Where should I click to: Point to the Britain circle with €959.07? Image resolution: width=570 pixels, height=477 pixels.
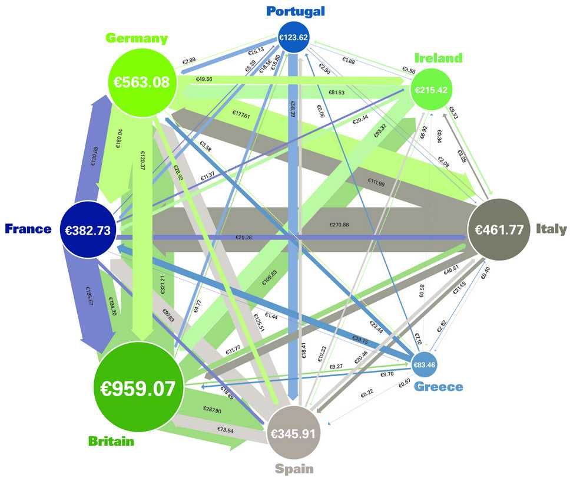[x=140, y=389]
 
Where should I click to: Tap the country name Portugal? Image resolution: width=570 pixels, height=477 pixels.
[x=295, y=11]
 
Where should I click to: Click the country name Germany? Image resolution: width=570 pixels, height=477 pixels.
[x=137, y=38]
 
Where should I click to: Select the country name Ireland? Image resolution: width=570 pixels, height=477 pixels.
[x=438, y=58]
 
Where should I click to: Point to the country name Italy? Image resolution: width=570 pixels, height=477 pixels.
[x=551, y=229]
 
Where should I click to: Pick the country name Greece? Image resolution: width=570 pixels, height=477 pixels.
[x=439, y=387]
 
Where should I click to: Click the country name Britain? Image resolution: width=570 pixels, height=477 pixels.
[x=111, y=440]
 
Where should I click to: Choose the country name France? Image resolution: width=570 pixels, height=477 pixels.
[x=28, y=229]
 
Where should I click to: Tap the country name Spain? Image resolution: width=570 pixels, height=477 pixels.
[x=294, y=469]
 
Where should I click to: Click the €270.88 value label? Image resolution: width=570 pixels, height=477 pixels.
[x=340, y=225]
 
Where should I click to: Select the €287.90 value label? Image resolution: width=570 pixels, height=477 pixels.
[x=211, y=410]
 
